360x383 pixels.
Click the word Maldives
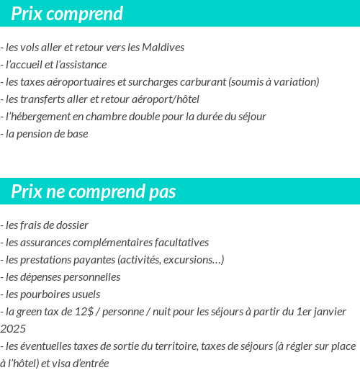pos(163,48)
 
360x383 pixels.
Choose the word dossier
pos(70,225)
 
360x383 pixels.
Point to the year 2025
pos(13,328)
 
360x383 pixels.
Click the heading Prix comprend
pos(67,14)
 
